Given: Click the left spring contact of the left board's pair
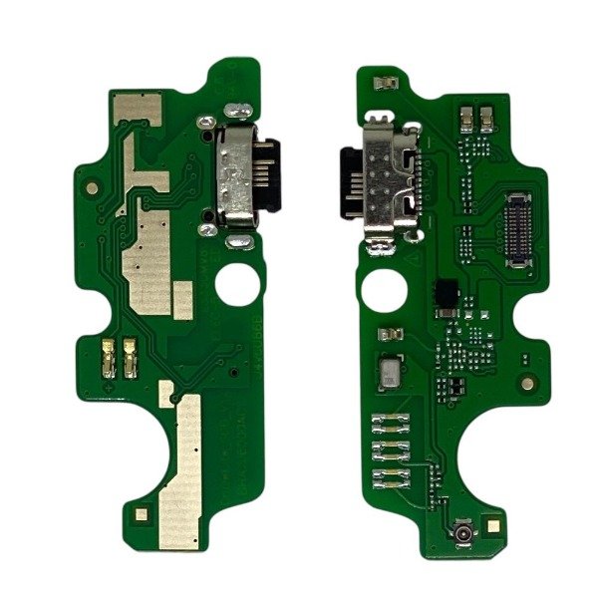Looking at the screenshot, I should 111,356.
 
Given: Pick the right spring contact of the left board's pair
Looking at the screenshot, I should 131,356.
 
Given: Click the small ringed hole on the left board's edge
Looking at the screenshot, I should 92,185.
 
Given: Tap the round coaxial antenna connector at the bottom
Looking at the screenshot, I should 464,529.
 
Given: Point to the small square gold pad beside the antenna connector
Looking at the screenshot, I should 495,522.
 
